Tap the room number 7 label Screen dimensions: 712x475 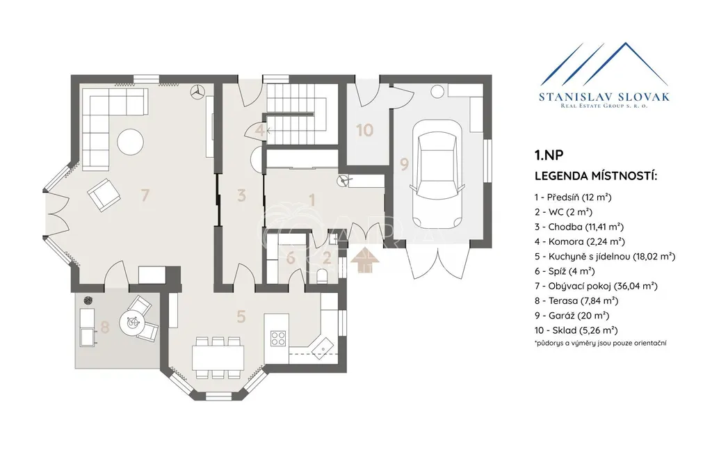[145, 195]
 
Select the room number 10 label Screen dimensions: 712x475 [364, 130]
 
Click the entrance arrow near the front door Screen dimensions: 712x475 [365, 260]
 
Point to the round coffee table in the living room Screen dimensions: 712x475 [130, 142]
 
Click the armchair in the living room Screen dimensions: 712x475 [104, 194]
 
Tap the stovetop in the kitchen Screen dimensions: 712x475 [278, 338]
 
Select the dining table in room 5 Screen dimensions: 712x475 [218, 358]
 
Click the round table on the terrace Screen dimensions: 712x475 [133, 322]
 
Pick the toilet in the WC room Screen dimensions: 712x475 [323, 275]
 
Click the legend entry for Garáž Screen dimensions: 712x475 [572, 316]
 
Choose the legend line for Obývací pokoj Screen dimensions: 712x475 [596, 286]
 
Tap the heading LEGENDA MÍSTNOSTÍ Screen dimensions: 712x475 [596, 176]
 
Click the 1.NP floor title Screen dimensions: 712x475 [549, 155]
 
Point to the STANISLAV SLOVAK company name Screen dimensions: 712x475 [604, 97]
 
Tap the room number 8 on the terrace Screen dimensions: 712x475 [105, 327]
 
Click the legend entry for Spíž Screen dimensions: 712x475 [565, 271]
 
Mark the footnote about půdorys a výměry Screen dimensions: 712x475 [600, 344]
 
